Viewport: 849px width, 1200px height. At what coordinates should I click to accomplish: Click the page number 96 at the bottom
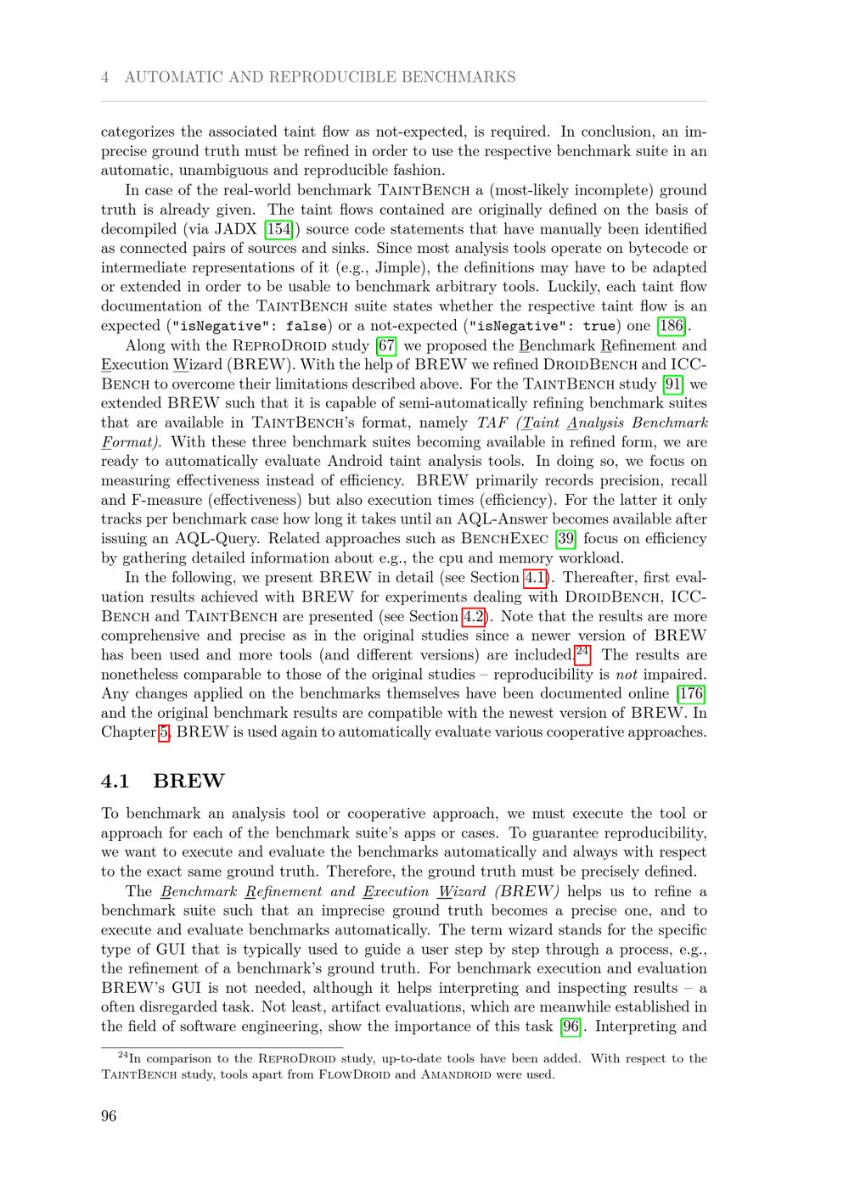(x=109, y=1116)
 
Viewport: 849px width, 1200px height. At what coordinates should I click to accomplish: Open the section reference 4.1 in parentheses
(x=535, y=578)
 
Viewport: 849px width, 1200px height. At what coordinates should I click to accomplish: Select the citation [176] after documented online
(x=693, y=694)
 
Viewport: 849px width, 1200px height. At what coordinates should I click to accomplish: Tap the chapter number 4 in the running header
(x=104, y=77)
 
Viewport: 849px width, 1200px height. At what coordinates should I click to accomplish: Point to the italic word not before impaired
(x=626, y=675)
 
